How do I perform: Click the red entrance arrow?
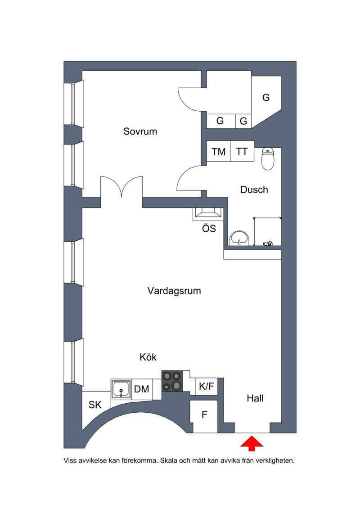coord(252,444)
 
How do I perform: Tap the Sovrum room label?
coord(140,131)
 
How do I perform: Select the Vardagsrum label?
coord(174,291)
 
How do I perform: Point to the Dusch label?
coord(254,189)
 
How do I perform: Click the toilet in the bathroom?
coord(268,159)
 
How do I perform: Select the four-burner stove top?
coord(172,381)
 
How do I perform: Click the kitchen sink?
coord(121,389)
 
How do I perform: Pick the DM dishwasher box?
coord(142,389)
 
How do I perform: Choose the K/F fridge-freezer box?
coord(207,386)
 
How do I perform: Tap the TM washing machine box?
coord(218,151)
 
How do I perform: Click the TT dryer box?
coord(242,151)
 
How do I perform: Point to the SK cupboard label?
coord(95,405)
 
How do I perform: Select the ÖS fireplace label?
coord(209,229)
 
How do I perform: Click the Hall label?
coord(255,398)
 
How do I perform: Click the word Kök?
coord(148,357)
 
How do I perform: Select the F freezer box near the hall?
coord(203,416)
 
